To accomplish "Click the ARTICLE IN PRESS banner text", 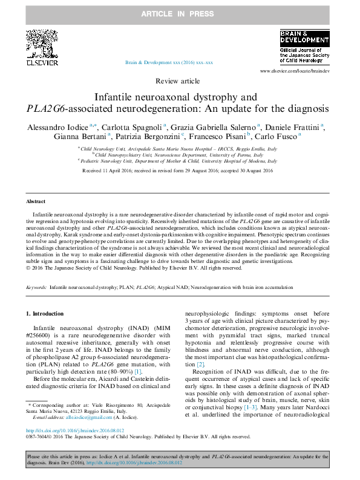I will [180, 12].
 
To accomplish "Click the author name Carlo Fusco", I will [280, 137].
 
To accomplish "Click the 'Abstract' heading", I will [36, 201].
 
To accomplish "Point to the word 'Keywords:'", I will [36, 288].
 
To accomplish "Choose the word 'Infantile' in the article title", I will [117, 97].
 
